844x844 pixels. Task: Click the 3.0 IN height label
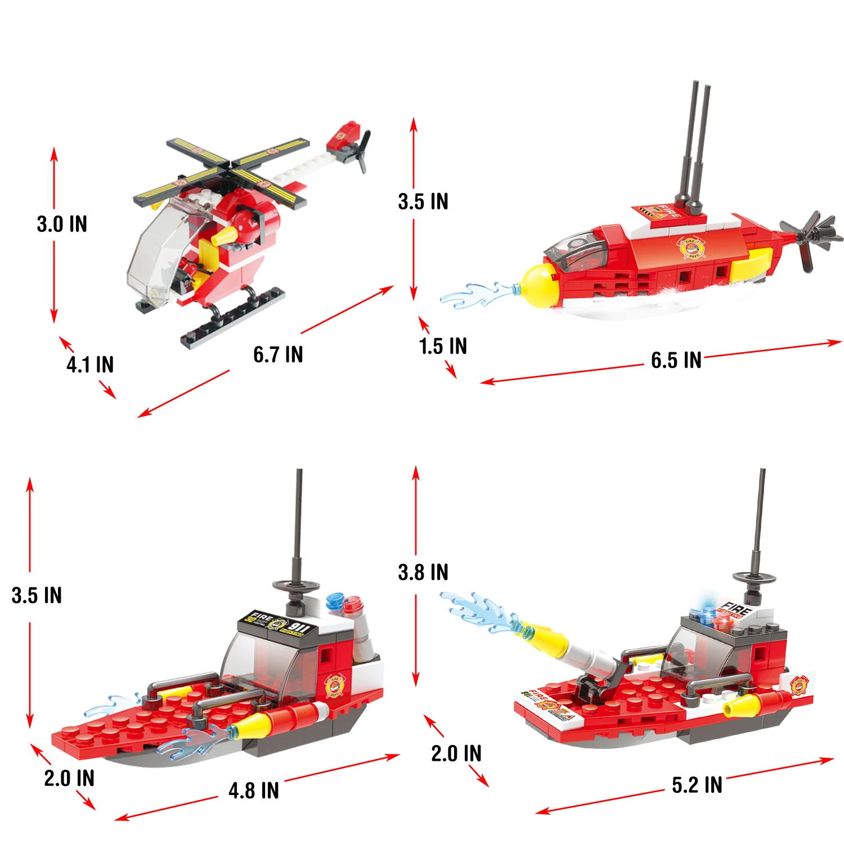click(x=62, y=224)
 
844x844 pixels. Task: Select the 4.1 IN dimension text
click(x=90, y=365)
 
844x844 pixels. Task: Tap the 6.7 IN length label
click(x=278, y=355)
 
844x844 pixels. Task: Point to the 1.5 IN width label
click(x=443, y=347)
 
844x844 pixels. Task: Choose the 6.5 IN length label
click(x=676, y=361)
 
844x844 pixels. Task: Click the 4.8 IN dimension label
click(x=254, y=791)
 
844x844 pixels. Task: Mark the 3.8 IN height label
click(x=423, y=573)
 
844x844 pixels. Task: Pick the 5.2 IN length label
click(x=697, y=785)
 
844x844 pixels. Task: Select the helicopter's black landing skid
click(x=234, y=318)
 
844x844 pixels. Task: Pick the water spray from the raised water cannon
click(x=478, y=610)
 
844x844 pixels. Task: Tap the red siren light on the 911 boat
click(x=353, y=605)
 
